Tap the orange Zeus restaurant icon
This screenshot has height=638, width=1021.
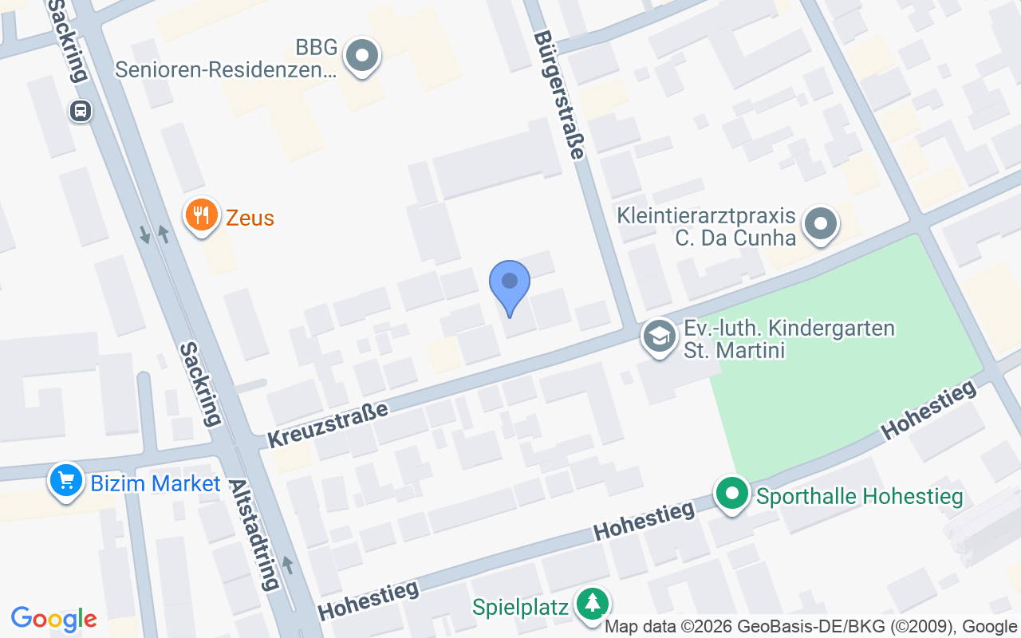pos(202,215)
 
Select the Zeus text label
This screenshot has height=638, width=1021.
pos(250,218)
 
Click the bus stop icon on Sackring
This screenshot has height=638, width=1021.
pos(81,111)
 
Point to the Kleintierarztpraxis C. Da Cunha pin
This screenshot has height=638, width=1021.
pos(820,223)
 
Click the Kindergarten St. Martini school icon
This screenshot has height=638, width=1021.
pos(660,337)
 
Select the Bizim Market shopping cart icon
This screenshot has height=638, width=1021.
pos(66,481)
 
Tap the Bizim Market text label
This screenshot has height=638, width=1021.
pos(156,483)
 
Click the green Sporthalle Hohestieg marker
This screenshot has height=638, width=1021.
pos(731,494)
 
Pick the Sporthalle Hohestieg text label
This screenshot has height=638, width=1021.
pos(859,497)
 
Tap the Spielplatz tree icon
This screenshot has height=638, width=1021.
pos(591,603)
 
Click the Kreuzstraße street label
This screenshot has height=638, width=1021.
pos(327,425)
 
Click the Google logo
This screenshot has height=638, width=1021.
pos(53,619)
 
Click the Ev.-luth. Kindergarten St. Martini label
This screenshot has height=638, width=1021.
pos(789,339)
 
